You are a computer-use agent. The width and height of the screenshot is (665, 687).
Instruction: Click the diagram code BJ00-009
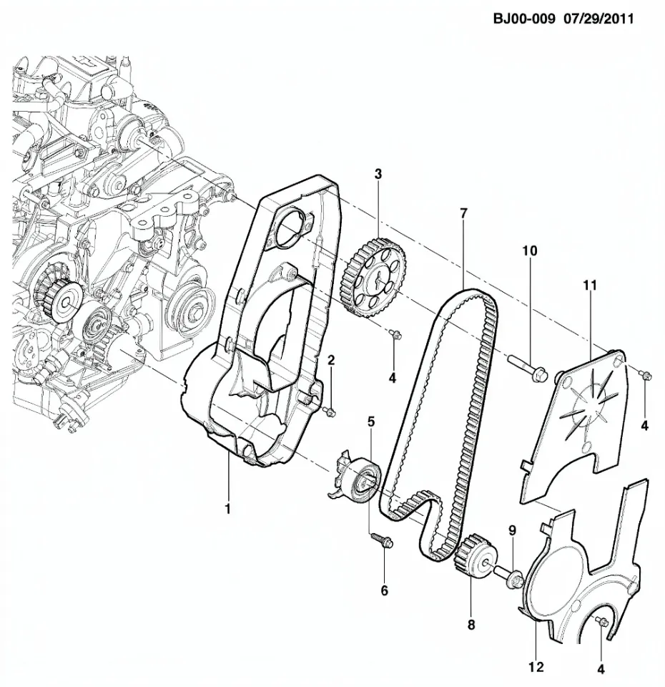point(524,19)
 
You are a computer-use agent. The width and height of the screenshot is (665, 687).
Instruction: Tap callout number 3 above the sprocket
point(378,174)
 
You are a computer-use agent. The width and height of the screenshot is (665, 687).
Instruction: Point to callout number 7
point(463,213)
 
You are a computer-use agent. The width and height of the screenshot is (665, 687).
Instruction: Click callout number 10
point(529,250)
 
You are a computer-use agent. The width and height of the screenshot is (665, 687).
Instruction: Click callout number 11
point(590,286)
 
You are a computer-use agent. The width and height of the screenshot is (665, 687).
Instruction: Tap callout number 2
point(331,360)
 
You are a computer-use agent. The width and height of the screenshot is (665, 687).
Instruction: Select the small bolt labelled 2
point(329,411)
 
